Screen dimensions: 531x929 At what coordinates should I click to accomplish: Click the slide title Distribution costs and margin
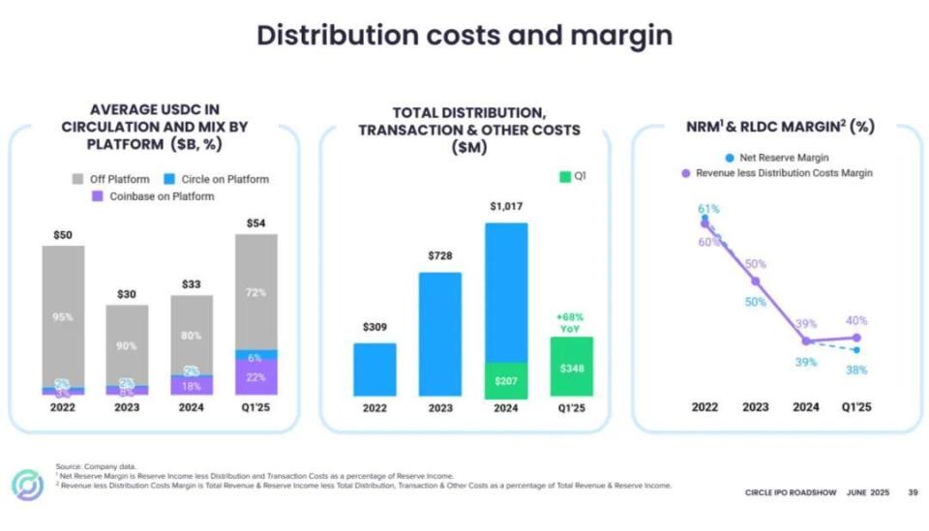tap(464, 36)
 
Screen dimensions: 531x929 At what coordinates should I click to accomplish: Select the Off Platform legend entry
tap(112, 179)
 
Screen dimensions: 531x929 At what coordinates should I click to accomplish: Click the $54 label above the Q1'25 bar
tap(255, 223)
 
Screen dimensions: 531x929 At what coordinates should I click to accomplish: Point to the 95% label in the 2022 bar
tap(63, 316)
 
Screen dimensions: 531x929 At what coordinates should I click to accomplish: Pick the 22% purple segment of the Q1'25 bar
tap(255, 377)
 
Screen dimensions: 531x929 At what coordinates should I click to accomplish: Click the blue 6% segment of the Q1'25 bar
tap(255, 355)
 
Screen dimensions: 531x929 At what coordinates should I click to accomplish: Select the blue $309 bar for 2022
tap(375, 369)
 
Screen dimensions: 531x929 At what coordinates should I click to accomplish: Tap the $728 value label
tap(439, 255)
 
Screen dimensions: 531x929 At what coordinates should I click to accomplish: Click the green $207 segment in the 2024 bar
tap(506, 381)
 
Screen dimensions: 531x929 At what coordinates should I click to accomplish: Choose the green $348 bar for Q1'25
tap(571, 367)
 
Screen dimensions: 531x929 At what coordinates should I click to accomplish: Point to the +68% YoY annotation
tap(570, 322)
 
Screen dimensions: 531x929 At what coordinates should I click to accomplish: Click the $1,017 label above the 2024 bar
tap(506, 207)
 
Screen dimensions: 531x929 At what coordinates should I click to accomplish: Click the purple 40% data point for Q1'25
tap(856, 338)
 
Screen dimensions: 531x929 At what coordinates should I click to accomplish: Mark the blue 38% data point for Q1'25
tap(856, 349)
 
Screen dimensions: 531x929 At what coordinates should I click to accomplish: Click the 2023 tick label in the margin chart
tap(756, 407)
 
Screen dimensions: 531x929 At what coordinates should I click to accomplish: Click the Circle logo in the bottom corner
tap(26, 485)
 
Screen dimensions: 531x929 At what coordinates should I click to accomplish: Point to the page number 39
tap(912, 492)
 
